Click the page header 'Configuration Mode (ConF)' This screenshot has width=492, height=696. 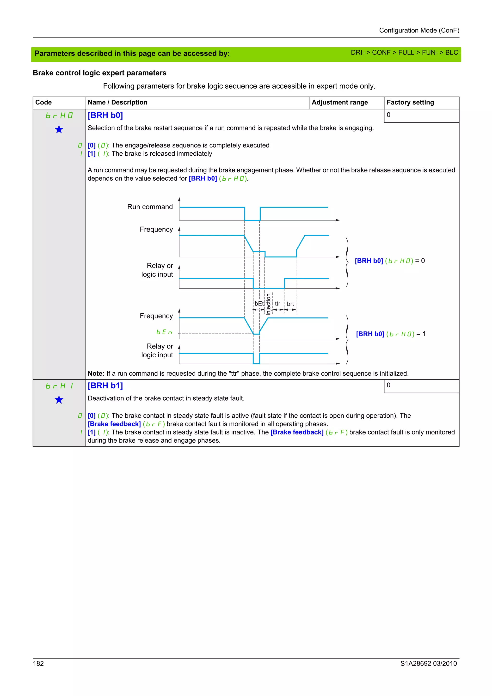click(419, 30)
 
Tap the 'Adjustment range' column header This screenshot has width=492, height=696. click(339, 103)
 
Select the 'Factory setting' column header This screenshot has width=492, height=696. click(410, 103)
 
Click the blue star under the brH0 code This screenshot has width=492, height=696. click(59, 129)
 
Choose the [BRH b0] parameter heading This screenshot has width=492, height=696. click(105, 116)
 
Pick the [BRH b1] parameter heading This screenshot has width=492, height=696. click(105, 386)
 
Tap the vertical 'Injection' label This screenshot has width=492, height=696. click(268, 304)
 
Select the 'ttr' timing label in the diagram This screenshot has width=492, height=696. click(277, 303)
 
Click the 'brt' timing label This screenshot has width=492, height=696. click(290, 304)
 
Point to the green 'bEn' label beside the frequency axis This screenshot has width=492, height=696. click(164, 332)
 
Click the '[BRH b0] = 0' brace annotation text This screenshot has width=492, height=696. click(389, 261)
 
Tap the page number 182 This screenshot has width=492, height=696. click(38, 663)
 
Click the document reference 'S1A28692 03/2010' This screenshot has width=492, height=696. click(428, 663)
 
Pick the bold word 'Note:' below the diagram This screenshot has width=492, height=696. click(96, 373)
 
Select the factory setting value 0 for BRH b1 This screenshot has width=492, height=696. click(388, 385)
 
